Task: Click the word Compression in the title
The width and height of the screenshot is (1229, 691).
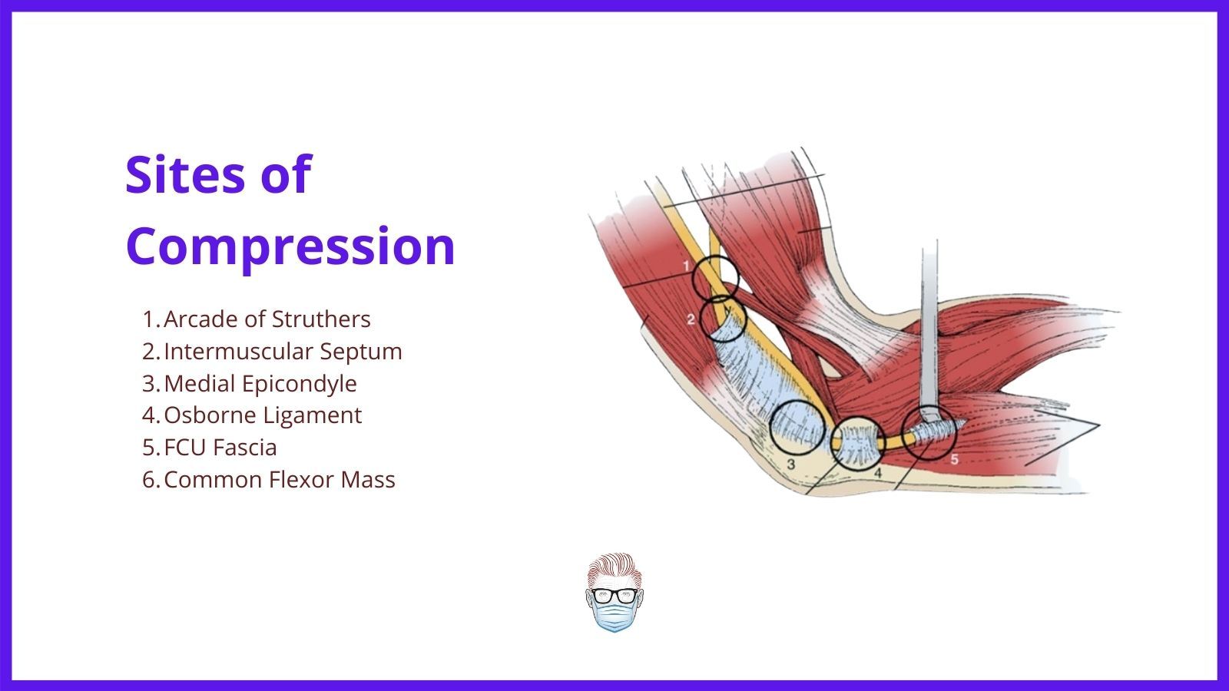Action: (290, 246)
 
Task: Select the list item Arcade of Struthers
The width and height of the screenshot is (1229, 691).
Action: (267, 319)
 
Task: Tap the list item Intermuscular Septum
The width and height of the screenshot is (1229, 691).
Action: (283, 351)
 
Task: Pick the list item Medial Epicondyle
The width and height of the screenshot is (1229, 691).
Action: (260, 384)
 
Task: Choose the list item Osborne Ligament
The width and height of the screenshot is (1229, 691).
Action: (262, 415)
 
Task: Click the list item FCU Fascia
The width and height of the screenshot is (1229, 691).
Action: (220, 448)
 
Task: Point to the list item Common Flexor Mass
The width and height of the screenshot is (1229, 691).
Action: (280, 480)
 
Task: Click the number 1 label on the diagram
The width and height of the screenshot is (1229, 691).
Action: (686, 266)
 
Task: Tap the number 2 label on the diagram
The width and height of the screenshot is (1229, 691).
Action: (691, 319)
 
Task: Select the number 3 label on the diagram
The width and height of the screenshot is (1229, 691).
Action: (790, 465)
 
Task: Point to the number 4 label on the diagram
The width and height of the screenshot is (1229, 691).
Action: (878, 473)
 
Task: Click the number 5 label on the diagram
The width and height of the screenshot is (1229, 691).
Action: (954, 460)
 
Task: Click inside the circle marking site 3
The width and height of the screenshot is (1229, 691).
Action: (798, 428)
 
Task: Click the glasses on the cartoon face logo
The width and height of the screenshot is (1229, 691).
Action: (614, 595)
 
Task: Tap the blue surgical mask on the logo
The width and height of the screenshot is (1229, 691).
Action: (614, 617)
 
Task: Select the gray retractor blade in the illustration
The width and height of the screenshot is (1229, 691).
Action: (929, 335)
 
